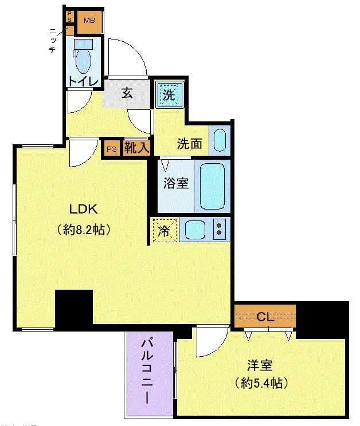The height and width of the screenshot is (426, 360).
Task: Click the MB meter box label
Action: pyautogui.click(x=88, y=21)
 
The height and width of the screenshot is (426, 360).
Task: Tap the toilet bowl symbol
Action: pyautogui.click(x=83, y=54)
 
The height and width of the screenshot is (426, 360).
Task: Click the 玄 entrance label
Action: pyautogui.click(x=127, y=93)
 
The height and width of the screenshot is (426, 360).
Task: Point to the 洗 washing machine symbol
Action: pyautogui.click(x=169, y=94)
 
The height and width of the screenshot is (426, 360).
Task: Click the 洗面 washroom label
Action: pyautogui.click(x=189, y=144)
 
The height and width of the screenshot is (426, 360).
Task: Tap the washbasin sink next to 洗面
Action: pyautogui.click(x=219, y=140)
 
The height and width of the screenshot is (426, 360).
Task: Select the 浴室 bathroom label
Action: pyautogui.click(x=175, y=185)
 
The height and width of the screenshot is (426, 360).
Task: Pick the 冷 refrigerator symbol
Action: pyautogui.click(x=164, y=231)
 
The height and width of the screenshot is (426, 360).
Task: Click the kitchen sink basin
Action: pyautogui.click(x=195, y=230)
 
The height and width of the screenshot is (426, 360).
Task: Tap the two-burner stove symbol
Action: pyautogui.click(x=219, y=230)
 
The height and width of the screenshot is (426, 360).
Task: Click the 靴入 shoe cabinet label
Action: pyautogui.click(x=138, y=148)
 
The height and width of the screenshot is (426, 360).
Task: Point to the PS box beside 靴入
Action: pyautogui.click(x=112, y=149)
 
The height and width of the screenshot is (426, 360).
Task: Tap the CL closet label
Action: pyautogui.click(x=264, y=315)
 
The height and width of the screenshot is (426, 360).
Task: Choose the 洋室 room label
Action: pyautogui.click(x=260, y=365)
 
